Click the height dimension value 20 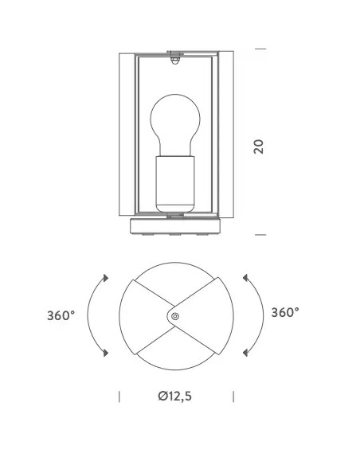click(259, 147)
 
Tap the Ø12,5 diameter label click(175, 396)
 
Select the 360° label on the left click(61, 315)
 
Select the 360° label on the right click(285, 312)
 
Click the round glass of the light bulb click(175, 122)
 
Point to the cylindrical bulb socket click(175, 184)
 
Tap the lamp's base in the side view click(175, 226)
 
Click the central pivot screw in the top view click(175, 316)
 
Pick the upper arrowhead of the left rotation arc click(106, 278)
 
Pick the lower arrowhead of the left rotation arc click(106, 353)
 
